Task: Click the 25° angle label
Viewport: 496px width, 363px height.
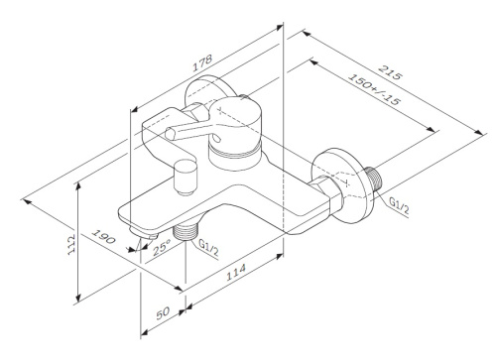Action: click(162, 250)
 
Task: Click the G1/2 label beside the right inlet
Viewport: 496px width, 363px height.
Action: click(399, 205)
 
